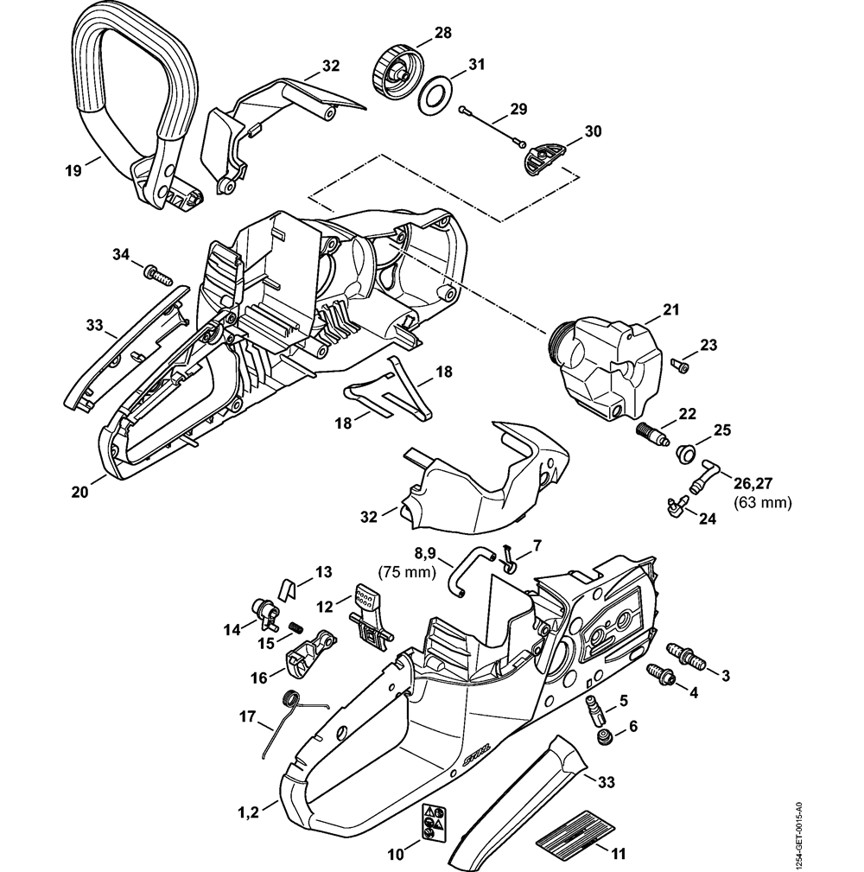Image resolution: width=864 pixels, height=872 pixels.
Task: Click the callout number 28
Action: tap(442, 33)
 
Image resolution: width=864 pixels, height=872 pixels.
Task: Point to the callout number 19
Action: tap(73, 170)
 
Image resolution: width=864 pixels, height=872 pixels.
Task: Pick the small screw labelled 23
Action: tap(681, 367)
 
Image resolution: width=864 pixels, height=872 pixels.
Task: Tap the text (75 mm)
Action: tap(405, 571)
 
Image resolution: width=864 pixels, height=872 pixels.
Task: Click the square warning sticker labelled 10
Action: tap(433, 823)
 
